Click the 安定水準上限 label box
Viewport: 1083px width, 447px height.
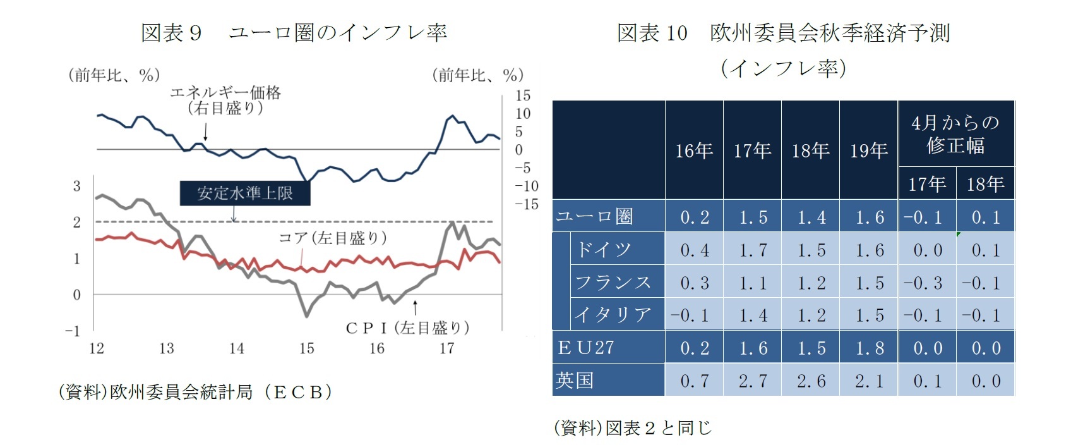pyautogui.click(x=245, y=193)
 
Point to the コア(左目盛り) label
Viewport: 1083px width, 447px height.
pyautogui.click(x=333, y=238)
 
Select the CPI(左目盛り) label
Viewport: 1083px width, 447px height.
pyautogui.click(x=407, y=328)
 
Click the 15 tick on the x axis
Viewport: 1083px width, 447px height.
pyautogui.click(x=307, y=348)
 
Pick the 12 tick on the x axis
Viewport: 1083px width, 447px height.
pyautogui.click(x=97, y=348)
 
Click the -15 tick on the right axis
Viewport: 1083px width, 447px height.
pyautogui.click(x=526, y=204)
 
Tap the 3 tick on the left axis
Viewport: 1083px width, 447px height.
pyautogui.click(x=77, y=186)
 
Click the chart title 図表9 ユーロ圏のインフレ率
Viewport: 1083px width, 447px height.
pyautogui.click(x=294, y=33)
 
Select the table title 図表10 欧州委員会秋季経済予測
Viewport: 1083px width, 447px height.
pyautogui.click(x=783, y=33)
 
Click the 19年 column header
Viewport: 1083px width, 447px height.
pyautogui.click(x=869, y=150)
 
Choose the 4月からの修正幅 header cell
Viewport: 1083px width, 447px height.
pyautogui.click(x=956, y=134)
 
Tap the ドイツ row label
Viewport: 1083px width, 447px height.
pyautogui.click(x=603, y=249)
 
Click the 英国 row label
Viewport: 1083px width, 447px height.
pyautogui.click(x=575, y=380)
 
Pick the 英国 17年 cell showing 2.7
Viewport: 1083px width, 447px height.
pyautogui.click(x=753, y=381)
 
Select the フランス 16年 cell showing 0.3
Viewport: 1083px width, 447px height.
pyautogui.click(x=695, y=283)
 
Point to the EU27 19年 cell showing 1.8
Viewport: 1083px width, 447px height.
pyautogui.click(x=870, y=348)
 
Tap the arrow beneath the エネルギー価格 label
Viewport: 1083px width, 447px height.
pyautogui.click(x=206, y=132)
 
